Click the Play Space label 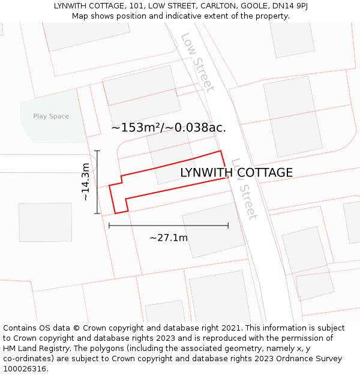(51, 116)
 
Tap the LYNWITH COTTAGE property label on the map (236, 173)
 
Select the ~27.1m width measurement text (169, 238)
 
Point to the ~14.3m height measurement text (86, 182)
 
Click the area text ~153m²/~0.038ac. (169, 128)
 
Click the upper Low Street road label (197, 62)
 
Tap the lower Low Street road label (244, 188)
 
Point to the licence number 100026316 (26, 369)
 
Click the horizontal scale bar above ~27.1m (169, 226)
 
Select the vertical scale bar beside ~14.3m (97, 182)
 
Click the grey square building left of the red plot (45, 222)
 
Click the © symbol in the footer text (76, 328)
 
